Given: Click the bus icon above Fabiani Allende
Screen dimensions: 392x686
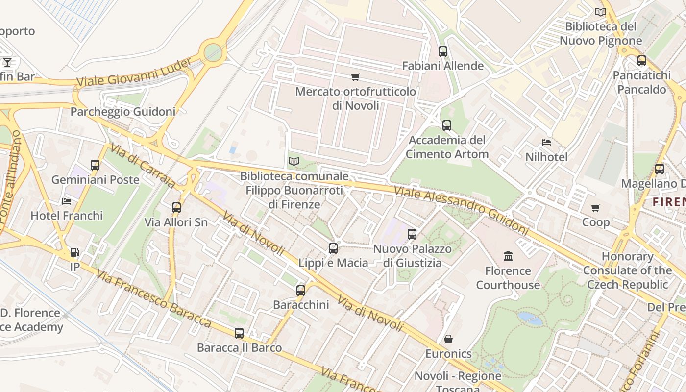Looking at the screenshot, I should pyautogui.click(x=442, y=51).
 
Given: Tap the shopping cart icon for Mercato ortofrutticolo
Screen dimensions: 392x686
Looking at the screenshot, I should pyautogui.click(x=355, y=77).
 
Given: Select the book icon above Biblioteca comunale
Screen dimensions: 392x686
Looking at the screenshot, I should pyautogui.click(x=294, y=161).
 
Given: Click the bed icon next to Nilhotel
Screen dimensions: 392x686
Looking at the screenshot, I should pyautogui.click(x=546, y=143).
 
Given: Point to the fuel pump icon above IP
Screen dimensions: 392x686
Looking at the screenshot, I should pyautogui.click(x=74, y=252).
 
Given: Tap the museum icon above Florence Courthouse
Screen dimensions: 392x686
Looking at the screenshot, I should pyautogui.click(x=508, y=256).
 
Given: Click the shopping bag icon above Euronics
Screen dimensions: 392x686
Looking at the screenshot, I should pyautogui.click(x=448, y=339).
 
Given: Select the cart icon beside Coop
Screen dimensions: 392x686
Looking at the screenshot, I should pyautogui.click(x=595, y=208).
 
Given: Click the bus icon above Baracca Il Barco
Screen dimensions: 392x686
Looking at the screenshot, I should pyautogui.click(x=239, y=333).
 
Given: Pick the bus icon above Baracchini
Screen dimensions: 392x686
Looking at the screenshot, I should pyautogui.click(x=301, y=290).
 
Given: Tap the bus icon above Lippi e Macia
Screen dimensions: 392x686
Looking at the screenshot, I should pyautogui.click(x=333, y=248).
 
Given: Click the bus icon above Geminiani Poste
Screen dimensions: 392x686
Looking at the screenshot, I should pyautogui.click(x=95, y=165).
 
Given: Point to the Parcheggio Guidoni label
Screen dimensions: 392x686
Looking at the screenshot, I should pyautogui.click(x=122, y=112).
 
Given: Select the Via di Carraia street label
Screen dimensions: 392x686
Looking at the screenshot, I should pyautogui.click(x=143, y=166).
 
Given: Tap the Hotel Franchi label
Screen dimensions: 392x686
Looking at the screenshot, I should pyautogui.click(x=67, y=216).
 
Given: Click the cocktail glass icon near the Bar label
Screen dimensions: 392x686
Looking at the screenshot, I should pyautogui.click(x=7, y=62).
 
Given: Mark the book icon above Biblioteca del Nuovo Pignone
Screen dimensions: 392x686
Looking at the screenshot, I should pyautogui.click(x=600, y=12).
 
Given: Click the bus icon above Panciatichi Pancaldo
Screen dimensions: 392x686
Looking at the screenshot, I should pyautogui.click(x=641, y=61).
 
